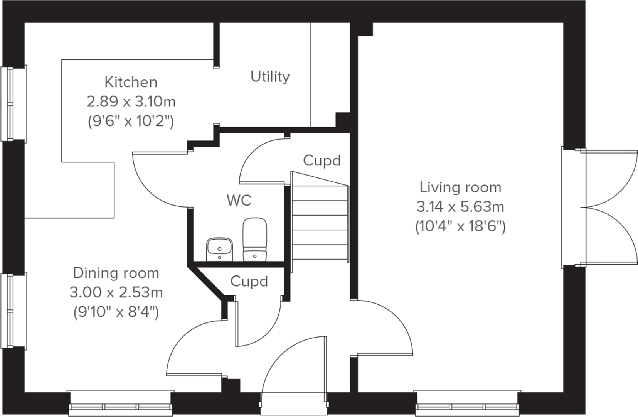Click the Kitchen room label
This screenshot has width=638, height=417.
pos(131,82)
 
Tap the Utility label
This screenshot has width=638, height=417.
pos(270,76)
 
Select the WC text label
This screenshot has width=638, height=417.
pos(239,200)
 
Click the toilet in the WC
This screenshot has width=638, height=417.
pos(255,239)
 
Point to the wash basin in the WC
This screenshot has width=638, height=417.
pos(219,249)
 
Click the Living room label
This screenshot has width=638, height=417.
pos(460,187)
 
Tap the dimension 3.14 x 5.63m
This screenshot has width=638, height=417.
pos(460,207)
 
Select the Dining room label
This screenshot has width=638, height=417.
pos(116,273)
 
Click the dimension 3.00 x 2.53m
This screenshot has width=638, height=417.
pos(116,292)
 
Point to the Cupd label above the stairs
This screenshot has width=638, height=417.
pos(322,160)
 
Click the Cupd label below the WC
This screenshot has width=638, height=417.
pos(249,281)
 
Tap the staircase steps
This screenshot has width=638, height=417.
pos(320,224)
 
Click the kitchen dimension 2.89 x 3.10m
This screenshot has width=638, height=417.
pos(131,102)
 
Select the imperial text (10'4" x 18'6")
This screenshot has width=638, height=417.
pos(460,226)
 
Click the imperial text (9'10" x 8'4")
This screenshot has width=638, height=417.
pos(116,312)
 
